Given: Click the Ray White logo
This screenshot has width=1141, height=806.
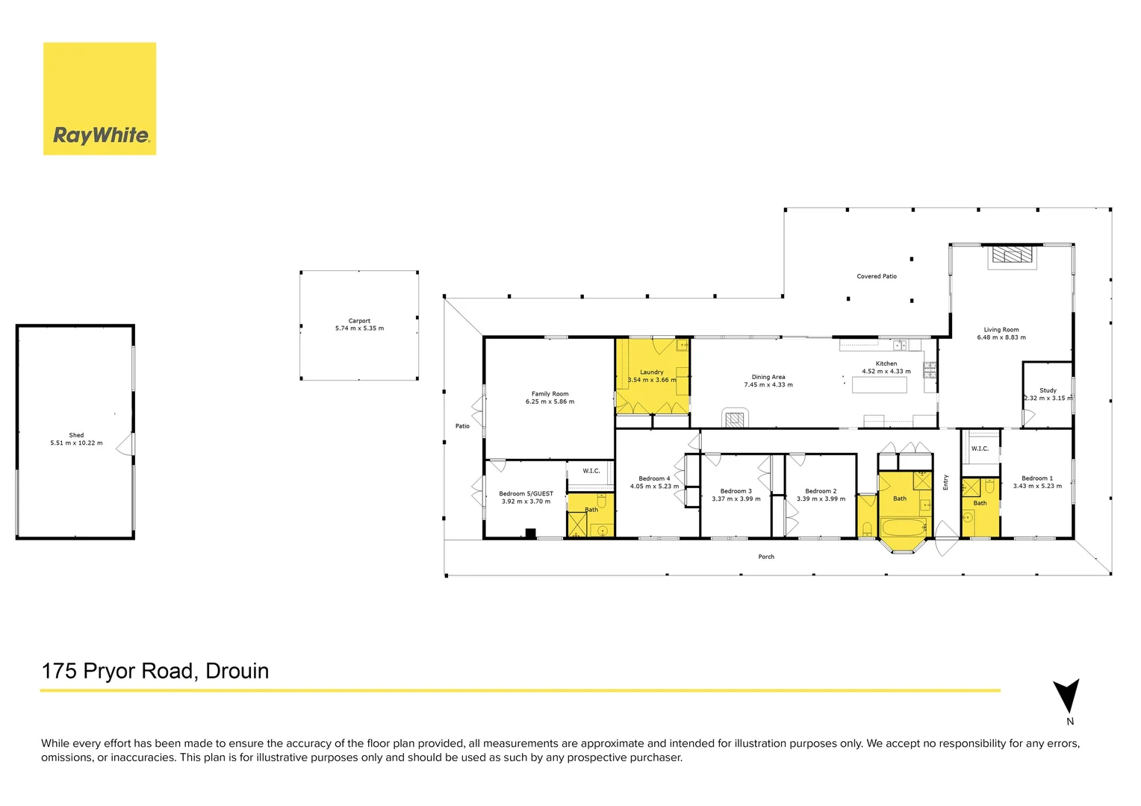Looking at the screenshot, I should click(100, 99).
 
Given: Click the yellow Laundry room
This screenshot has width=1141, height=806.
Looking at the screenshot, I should click(651, 376).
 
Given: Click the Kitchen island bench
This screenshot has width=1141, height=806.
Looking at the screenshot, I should click(880, 385).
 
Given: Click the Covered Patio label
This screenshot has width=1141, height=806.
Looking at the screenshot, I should click(877, 276).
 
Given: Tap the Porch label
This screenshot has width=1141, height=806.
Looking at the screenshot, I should click(766, 557).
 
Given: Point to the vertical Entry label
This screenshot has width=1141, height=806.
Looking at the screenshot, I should click(945, 482).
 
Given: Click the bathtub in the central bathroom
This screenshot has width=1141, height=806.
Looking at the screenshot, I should click(902, 528).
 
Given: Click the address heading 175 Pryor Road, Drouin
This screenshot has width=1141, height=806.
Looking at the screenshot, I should click(155, 671).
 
